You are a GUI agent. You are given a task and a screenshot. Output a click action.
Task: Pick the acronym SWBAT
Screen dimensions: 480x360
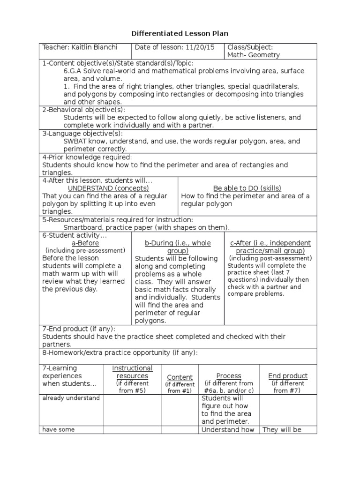[75, 141]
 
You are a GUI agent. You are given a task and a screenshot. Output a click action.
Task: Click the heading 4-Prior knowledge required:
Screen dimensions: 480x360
[87, 157]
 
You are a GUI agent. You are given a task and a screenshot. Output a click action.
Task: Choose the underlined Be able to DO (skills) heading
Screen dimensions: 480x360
[249, 188]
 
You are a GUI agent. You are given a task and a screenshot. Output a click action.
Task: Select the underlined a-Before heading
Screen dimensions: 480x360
[85, 243]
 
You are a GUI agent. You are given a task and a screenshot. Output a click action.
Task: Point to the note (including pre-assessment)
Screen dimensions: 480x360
[85, 251]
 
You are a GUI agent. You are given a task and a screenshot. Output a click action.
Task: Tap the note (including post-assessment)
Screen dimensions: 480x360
[270, 258]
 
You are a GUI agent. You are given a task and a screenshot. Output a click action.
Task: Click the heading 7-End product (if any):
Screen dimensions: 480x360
[79, 329]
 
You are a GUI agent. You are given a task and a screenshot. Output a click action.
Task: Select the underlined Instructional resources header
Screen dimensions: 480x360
[132, 372]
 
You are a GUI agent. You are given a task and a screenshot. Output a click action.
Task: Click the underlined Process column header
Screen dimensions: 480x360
[229, 376]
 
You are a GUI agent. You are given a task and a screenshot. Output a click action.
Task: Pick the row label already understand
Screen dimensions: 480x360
[71, 398]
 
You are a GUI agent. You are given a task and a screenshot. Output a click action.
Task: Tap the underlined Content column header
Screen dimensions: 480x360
[180, 377]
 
